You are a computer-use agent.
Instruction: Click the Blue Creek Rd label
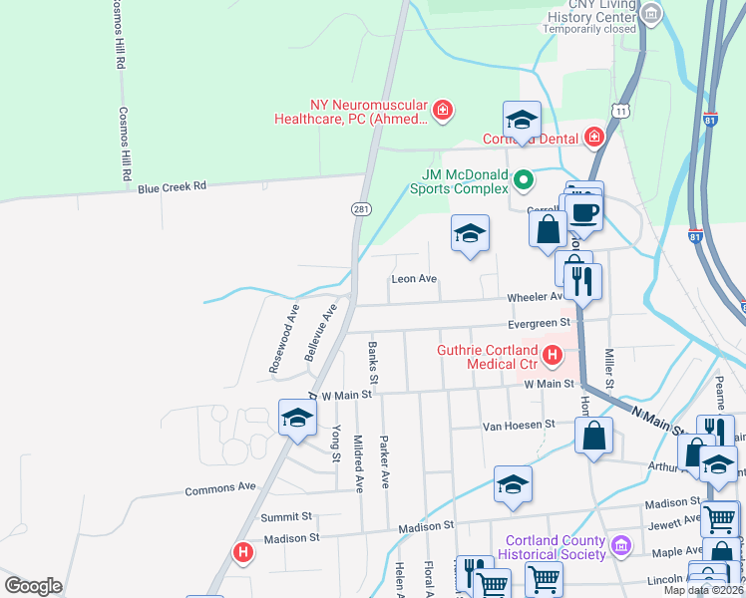click(172, 186)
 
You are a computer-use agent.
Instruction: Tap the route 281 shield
click(360, 208)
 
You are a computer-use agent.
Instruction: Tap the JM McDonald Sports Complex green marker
click(524, 180)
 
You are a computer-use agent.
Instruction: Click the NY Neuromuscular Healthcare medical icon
click(442, 109)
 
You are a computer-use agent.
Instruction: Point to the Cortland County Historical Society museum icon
click(621, 545)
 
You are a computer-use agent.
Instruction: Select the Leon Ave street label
click(415, 279)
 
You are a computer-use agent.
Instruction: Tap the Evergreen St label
click(539, 323)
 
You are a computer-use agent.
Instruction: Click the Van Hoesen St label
click(518, 425)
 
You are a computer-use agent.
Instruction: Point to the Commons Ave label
click(220, 488)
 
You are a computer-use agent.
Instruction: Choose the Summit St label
click(286, 517)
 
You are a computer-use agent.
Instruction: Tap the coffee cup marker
click(584, 210)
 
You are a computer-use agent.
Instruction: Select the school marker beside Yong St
click(297, 420)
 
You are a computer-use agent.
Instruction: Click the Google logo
click(33, 586)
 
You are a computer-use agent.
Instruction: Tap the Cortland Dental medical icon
click(594, 137)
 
